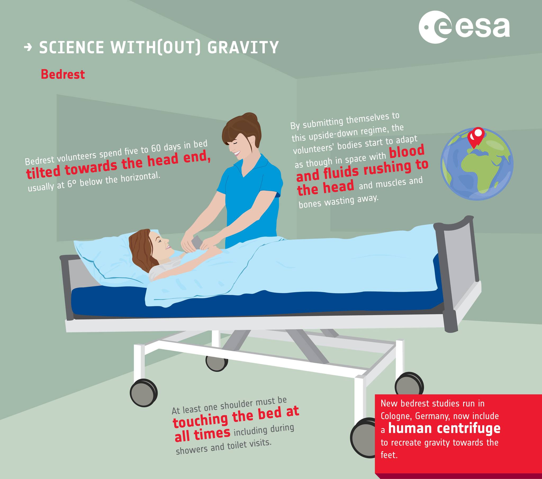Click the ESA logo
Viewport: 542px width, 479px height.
[x=464, y=27]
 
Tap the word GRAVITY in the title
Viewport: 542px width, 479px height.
[x=243, y=47]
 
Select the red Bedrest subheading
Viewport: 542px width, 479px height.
[x=63, y=75]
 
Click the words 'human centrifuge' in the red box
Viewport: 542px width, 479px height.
[x=444, y=429]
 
